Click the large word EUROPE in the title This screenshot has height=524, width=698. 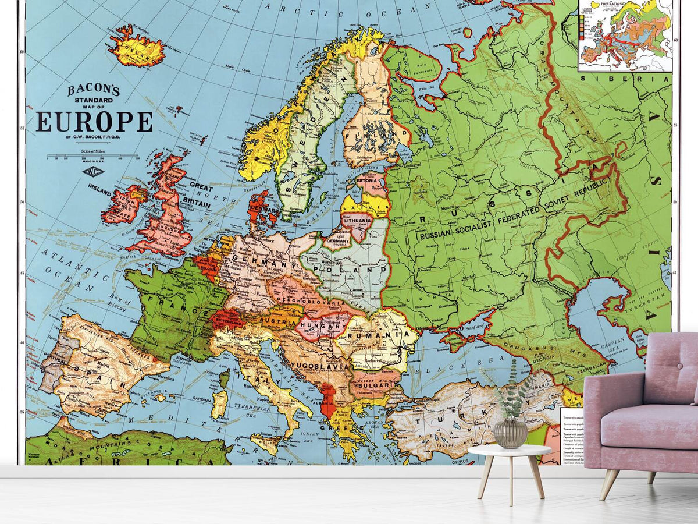click(x=94, y=121)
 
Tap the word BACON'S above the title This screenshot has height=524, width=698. click(x=94, y=90)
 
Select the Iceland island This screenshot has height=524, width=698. click(x=137, y=50)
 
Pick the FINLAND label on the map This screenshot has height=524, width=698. click(x=378, y=134)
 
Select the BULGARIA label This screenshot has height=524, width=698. click(x=372, y=386)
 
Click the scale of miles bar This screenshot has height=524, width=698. click(x=93, y=156)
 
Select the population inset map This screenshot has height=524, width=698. click(x=625, y=35)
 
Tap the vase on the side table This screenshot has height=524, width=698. click(x=510, y=433)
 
